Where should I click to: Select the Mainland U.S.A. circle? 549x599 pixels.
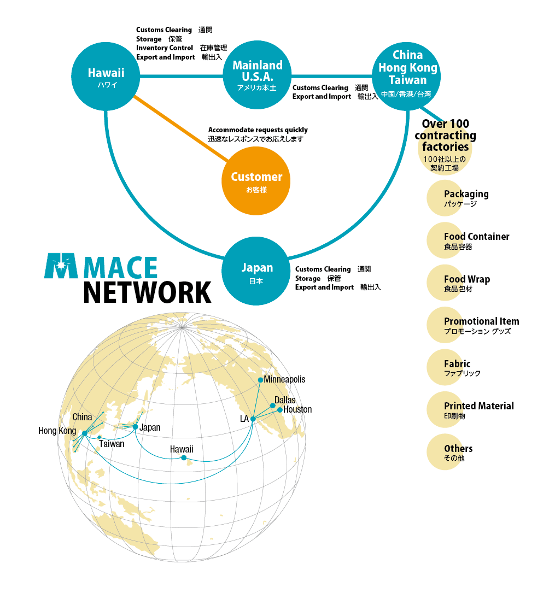pos(258,75)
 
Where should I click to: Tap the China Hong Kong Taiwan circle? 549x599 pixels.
pos(407,74)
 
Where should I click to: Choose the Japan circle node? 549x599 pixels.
pos(256,271)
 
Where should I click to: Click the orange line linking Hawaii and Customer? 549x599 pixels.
pos(180,129)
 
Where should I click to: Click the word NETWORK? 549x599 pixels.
pos(147,292)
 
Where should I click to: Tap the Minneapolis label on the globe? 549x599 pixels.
pos(284,379)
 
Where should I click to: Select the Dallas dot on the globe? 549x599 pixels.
pos(273,406)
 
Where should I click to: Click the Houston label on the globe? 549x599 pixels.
pos(297,410)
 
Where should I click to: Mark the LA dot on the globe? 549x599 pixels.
pos(253,419)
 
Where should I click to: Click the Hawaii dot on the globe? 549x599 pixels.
pos(184,457)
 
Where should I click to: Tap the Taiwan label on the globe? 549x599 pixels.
pos(112,444)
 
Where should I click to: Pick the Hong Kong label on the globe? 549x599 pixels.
pos(57,431)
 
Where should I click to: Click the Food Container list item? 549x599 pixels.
pos(476,237)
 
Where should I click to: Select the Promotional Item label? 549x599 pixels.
pos(481,321)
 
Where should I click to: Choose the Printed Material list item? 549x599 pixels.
pos(478,406)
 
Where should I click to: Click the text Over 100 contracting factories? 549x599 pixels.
pos(445,136)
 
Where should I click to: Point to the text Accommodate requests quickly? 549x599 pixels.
pos(258,130)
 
